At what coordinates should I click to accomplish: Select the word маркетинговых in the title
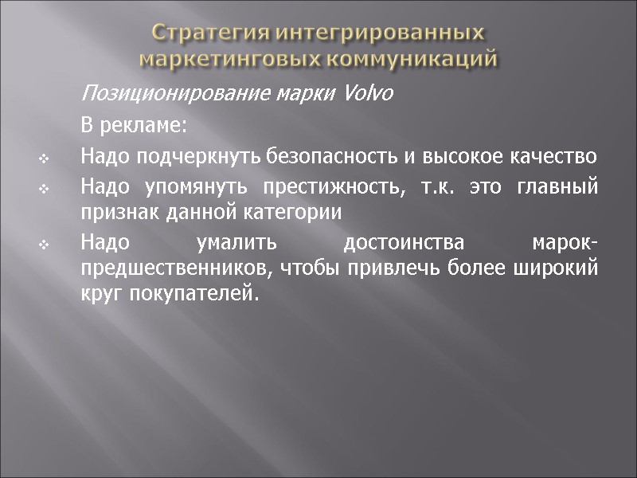(x=226, y=59)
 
